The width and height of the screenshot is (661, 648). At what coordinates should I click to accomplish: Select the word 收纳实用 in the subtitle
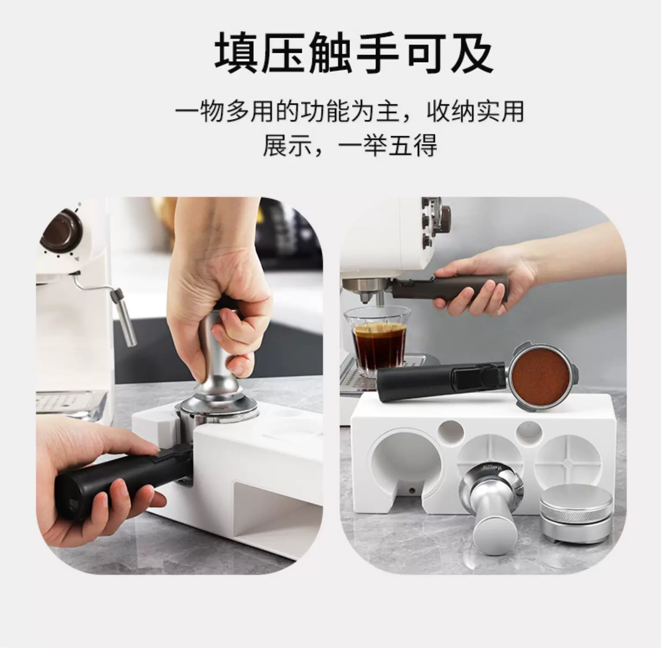point(476,111)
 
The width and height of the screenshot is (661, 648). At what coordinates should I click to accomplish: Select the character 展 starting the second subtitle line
point(275,146)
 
